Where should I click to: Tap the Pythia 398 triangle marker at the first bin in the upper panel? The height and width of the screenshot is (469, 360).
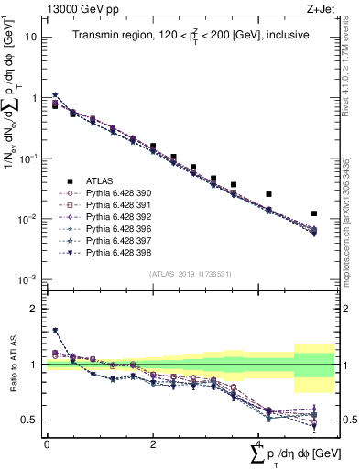[56, 94]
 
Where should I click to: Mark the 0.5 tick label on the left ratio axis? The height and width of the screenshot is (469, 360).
[30, 420]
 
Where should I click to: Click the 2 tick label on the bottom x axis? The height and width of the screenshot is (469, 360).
[153, 443]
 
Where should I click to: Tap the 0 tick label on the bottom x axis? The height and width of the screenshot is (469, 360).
[47, 443]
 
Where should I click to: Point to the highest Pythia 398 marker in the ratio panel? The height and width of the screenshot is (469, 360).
[56, 330]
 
